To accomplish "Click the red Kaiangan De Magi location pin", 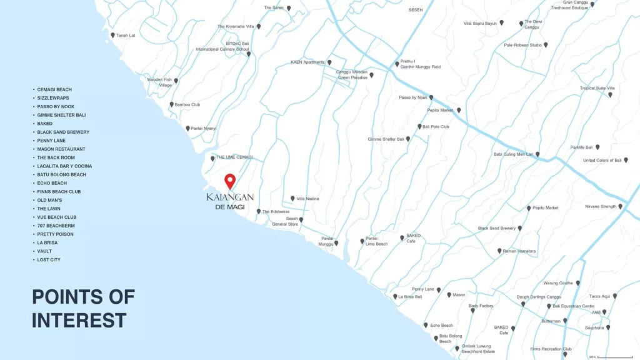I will click(230, 181).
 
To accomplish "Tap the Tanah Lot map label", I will click(126, 36).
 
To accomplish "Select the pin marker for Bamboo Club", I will click(172, 104).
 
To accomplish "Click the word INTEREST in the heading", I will click(79, 320).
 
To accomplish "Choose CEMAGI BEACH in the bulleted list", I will click(54, 89).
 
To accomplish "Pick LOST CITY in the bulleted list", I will click(49, 259).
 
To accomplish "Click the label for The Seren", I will click(274, 7).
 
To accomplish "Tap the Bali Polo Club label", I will click(436, 127).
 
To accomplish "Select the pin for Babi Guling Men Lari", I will click(537, 154).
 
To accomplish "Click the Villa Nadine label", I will click(308, 199).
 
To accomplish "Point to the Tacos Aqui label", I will click(599, 296).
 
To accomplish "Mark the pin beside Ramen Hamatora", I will click(499, 251).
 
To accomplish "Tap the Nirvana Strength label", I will click(600, 206).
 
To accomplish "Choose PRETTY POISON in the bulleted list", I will click(55, 234).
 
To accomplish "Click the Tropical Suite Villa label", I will click(597, 88).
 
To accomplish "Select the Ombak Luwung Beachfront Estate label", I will click(478, 349).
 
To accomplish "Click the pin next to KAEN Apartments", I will click(329, 62).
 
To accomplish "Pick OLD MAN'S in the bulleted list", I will click(49, 200).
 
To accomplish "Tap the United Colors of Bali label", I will click(602, 160).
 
